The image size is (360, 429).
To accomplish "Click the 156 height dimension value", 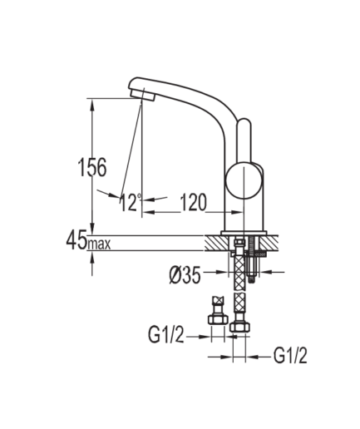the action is (x=92, y=167).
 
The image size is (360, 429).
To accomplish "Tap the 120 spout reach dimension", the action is (x=194, y=202).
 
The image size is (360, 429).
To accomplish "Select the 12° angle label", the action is (x=130, y=202).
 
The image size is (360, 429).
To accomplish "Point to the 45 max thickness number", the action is (x=76, y=240).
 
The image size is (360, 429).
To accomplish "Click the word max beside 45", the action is (x=99, y=244).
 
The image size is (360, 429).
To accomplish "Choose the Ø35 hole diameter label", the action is (x=185, y=276).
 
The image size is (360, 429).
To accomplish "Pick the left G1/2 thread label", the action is (x=165, y=334).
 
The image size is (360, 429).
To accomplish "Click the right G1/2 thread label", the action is (x=290, y=356).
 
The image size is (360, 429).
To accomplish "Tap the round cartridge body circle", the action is (x=244, y=180).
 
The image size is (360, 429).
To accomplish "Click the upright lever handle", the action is (x=244, y=141).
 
